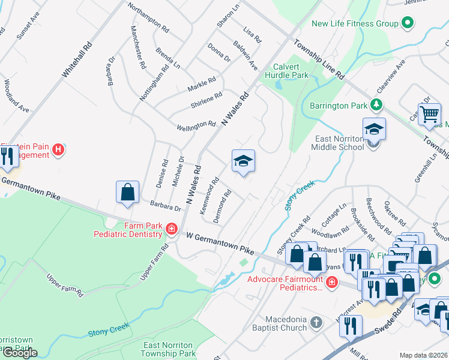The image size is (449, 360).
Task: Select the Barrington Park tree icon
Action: [x=376, y=106]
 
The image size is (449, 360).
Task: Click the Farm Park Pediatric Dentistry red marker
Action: [x=171, y=229]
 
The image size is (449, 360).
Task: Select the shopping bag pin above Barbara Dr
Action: [x=128, y=193]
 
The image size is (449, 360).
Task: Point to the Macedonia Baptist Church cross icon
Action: [x=317, y=324]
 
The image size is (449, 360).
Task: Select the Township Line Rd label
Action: [x=319, y=60]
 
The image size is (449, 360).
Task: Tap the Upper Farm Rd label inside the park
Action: [x=65, y=286]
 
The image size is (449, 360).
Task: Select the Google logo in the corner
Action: [x=20, y=352]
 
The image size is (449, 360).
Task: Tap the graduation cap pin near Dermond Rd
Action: [x=243, y=161]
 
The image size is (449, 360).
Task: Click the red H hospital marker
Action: [x=58, y=149]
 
